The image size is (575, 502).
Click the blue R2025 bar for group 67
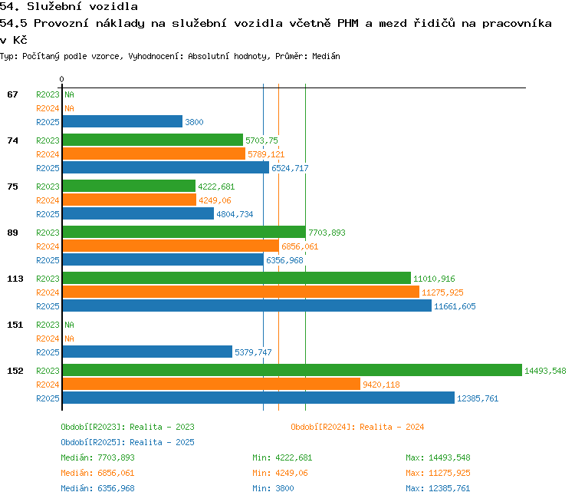pyautogui.click(x=123, y=121)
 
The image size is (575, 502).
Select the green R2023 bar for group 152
pyautogui.click(x=292, y=370)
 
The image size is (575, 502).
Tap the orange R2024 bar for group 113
pyautogui.click(x=241, y=292)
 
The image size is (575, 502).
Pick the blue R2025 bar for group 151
pyautogui.click(x=147, y=352)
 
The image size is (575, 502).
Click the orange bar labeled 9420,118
pyautogui.click(x=212, y=384)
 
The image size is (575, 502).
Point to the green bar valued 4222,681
pyautogui.click(x=129, y=187)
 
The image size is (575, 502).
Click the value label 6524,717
pyautogui.click(x=290, y=168)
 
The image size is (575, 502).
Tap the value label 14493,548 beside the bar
pyautogui.click(x=545, y=371)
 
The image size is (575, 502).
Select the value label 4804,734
pyautogui.click(x=235, y=214)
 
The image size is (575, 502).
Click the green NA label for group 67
pyautogui.click(x=69, y=94)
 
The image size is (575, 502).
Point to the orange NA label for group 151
pyautogui.click(x=69, y=339)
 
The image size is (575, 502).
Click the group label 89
pyautogui.click(x=12, y=233)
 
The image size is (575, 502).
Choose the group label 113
pyautogui.click(x=15, y=279)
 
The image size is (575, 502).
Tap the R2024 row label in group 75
pyautogui.click(x=48, y=200)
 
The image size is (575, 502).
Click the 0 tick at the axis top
pyautogui.click(x=61, y=79)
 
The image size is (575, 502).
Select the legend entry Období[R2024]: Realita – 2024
pyautogui.click(x=357, y=427)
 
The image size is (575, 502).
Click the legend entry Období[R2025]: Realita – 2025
pyautogui.click(x=127, y=442)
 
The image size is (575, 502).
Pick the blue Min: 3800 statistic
pyautogui.click(x=273, y=488)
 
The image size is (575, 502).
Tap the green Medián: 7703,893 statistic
pyautogui.click(x=98, y=458)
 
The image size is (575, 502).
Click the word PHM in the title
pyautogui.click(x=347, y=24)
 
